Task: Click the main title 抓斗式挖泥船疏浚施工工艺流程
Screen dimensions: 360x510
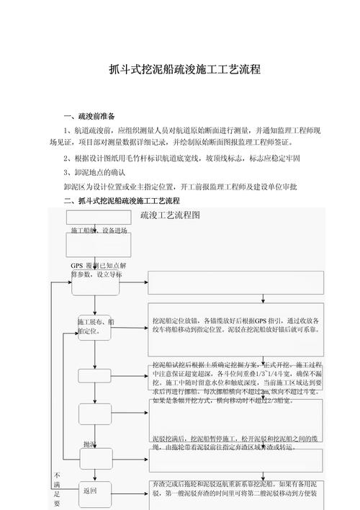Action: [x=179, y=71]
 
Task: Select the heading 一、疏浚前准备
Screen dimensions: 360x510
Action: [x=89, y=116]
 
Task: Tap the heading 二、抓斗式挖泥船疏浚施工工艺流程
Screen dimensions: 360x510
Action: [x=122, y=200]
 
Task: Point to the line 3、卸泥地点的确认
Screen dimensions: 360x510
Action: [x=94, y=173]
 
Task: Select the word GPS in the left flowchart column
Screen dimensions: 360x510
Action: [x=77, y=266]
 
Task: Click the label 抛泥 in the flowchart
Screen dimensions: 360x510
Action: [x=90, y=444]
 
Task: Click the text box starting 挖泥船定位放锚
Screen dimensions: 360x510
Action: [x=237, y=325]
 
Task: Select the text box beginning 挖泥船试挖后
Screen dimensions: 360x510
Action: [x=237, y=380]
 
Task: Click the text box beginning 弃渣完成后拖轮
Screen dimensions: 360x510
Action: [x=237, y=489]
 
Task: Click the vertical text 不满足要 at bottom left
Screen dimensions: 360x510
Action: [x=58, y=489]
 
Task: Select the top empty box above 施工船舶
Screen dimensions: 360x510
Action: [x=99, y=217]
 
